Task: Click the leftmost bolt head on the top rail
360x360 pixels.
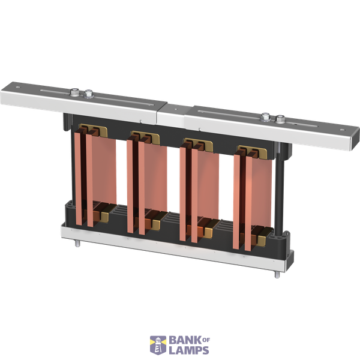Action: tap(74, 93)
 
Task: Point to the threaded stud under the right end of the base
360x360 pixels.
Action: tap(276, 275)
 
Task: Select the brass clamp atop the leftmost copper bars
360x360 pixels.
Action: tap(92, 131)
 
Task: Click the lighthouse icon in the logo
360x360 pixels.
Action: tap(157, 345)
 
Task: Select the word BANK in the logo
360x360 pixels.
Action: tap(183, 341)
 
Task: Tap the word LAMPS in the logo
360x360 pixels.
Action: tap(189, 351)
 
